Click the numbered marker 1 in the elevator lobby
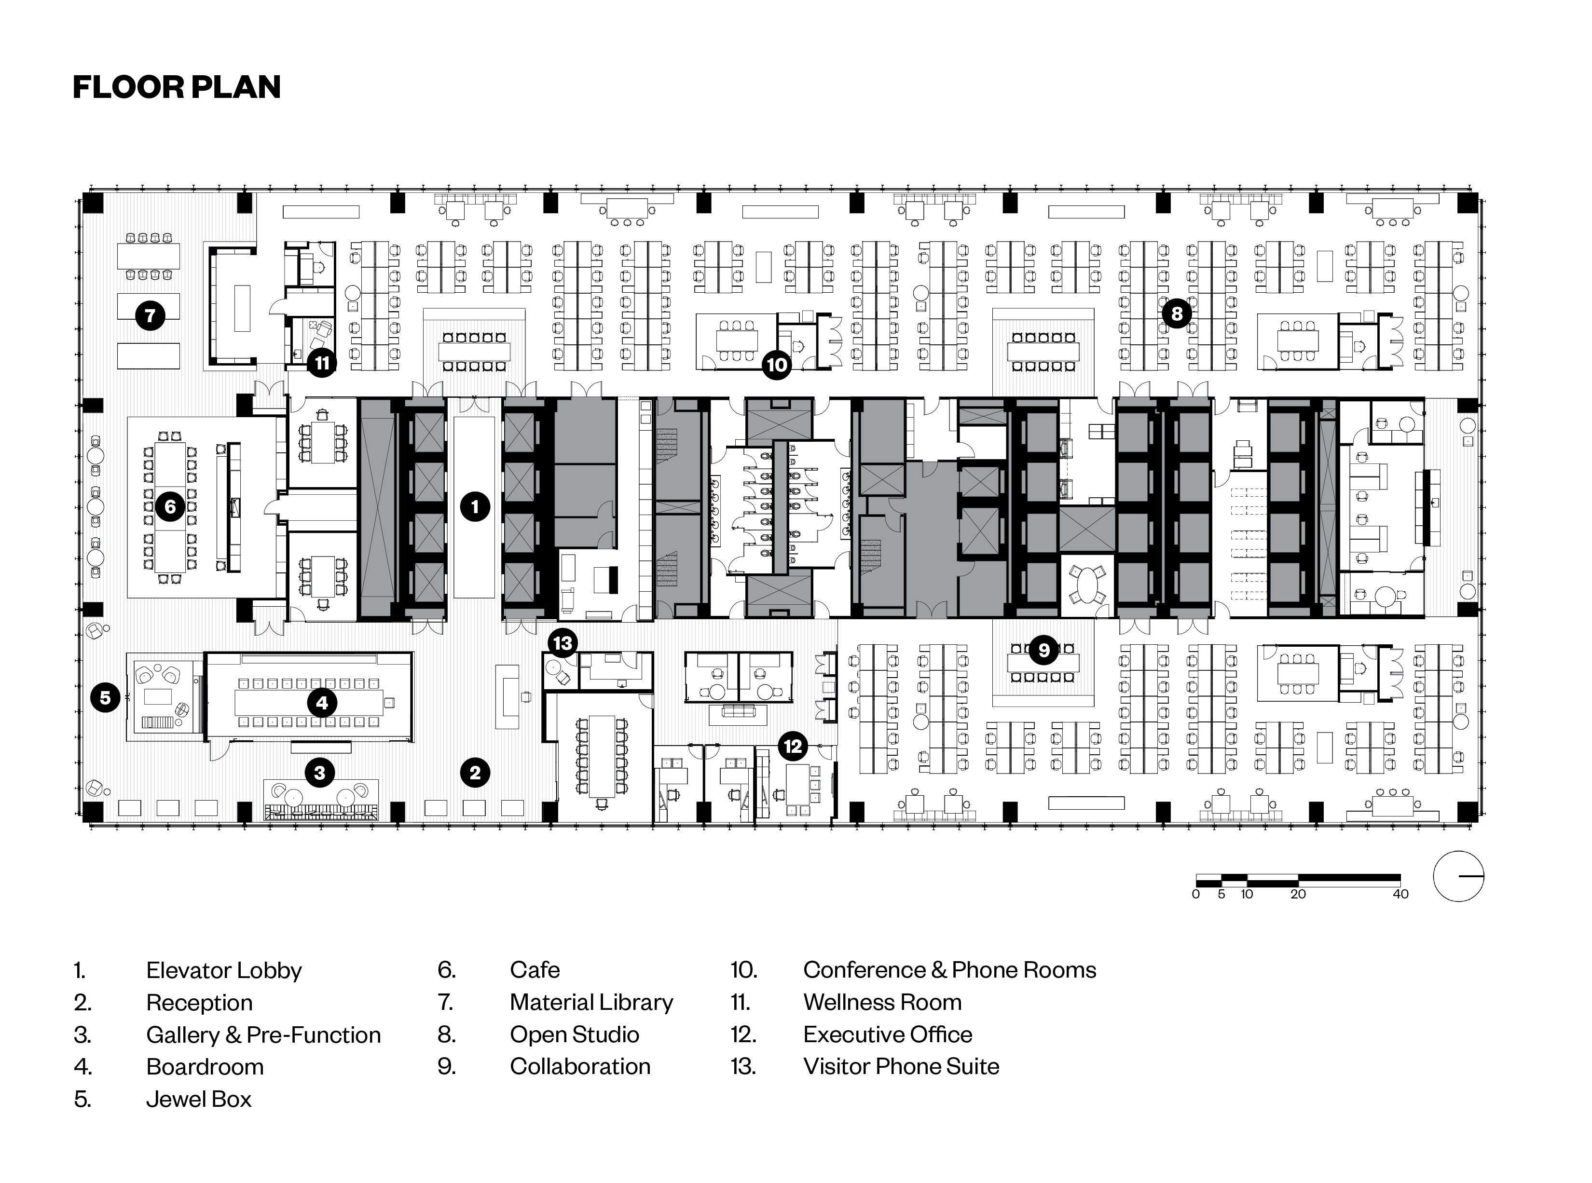click(475, 507)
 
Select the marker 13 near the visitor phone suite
click(563, 642)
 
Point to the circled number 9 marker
click(1043, 650)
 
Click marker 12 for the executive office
click(792, 746)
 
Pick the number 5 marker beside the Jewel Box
click(105, 697)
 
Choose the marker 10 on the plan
click(776, 365)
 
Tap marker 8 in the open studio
click(1177, 313)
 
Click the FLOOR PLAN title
click(177, 87)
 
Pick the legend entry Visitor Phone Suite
click(900, 1066)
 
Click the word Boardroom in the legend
click(205, 1066)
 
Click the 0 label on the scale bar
click(1196, 894)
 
